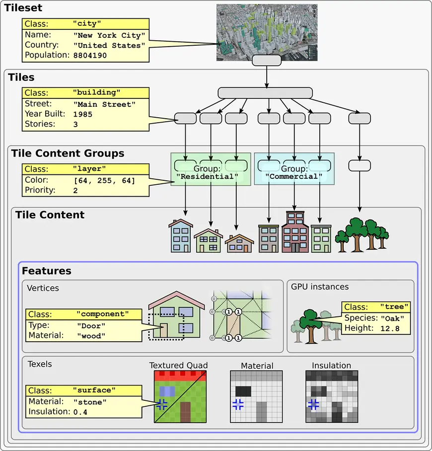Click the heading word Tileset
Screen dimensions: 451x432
[23, 8]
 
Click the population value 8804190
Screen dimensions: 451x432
[90, 56]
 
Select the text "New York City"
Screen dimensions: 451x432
[109, 36]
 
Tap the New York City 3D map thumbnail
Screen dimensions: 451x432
[267, 32]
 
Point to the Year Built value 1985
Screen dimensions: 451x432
[83, 114]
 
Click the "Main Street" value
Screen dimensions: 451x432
[104, 104]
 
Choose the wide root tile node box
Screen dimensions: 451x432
[265, 93]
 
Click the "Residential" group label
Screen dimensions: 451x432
[207, 176]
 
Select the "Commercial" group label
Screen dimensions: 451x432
[294, 176]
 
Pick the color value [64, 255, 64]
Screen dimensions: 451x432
[104, 180]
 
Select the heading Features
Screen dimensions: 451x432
[46, 271]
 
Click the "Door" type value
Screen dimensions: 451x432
[91, 326]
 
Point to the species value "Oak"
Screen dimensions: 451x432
[392, 318]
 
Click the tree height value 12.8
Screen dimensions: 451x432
[390, 328]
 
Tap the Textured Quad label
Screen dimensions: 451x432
[178, 366]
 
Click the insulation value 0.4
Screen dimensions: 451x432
[80, 412]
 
